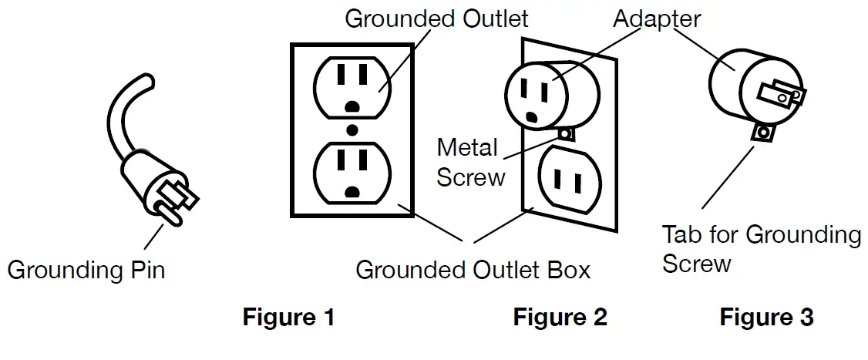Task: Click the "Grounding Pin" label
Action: [86, 271]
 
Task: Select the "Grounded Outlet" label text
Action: [436, 19]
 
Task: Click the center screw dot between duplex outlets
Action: [352, 131]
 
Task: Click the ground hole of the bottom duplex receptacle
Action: [352, 192]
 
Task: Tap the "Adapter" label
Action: [657, 19]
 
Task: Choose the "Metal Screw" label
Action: [470, 163]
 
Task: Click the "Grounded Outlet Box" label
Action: [473, 270]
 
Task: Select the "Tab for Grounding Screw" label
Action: [761, 249]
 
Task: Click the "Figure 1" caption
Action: [288, 318]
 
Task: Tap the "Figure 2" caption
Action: [560, 318]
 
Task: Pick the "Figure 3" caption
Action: [767, 318]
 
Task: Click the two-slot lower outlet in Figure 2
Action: [570, 180]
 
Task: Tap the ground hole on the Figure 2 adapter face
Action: [531, 117]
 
